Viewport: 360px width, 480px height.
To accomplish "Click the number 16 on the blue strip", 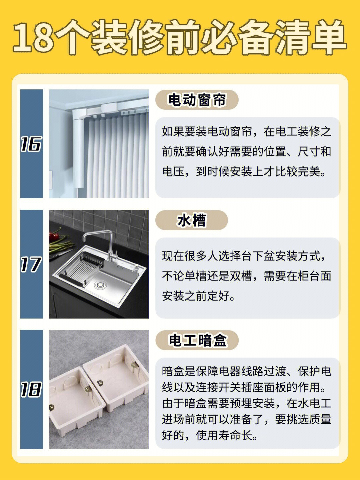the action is pos(31,144).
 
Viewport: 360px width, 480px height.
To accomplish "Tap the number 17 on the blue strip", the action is pos(31,265).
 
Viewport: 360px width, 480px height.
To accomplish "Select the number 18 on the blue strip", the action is pos(31,390).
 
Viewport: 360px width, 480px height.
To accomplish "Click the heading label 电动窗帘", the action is pos(197,100).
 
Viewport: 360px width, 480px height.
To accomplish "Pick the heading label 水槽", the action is pos(191,220).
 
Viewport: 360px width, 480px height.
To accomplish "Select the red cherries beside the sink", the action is pos(54,236).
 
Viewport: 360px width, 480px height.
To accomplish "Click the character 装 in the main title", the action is pos(109,37).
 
